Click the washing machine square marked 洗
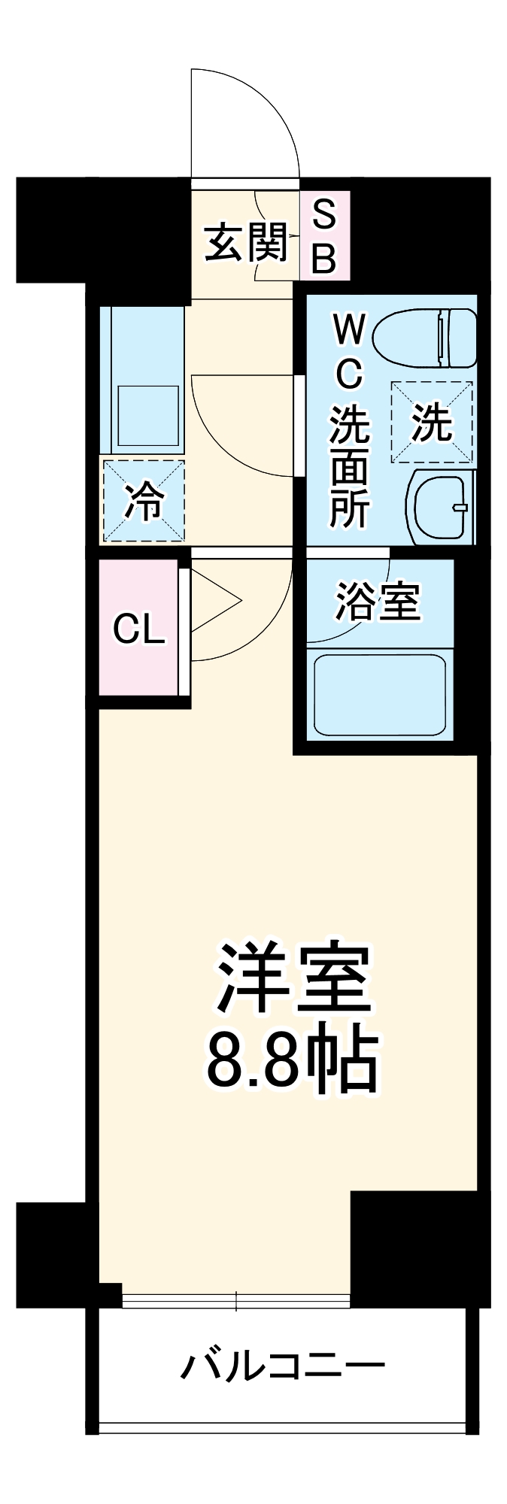[x=432, y=422]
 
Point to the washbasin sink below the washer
[x=442, y=508]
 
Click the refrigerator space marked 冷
[x=143, y=500]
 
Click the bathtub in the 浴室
[x=380, y=695]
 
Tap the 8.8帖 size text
[x=292, y=1060]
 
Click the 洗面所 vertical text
[x=350, y=466]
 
